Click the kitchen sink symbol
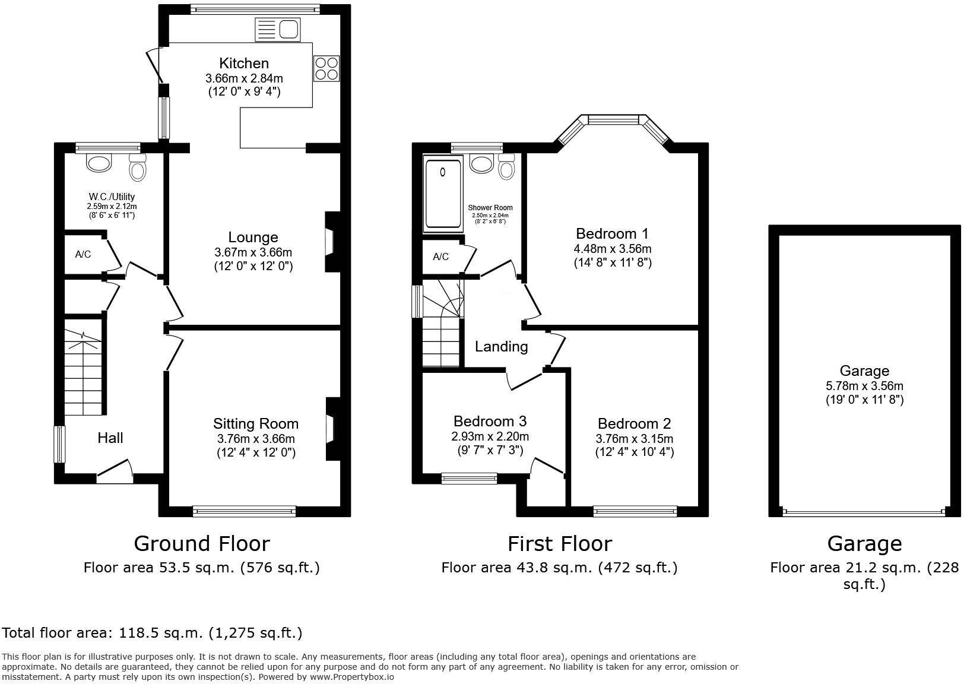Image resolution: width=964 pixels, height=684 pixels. pos(278,30)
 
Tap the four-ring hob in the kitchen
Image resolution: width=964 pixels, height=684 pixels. pos(326,68)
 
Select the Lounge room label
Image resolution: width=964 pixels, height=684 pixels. pos(253,237)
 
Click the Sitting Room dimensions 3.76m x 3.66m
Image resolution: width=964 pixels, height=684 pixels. pos(256,439)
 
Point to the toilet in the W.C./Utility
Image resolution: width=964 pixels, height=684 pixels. pos(138,168)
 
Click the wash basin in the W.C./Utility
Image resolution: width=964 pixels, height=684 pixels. pos(99,162)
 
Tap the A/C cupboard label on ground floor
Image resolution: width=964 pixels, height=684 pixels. pos(83,255)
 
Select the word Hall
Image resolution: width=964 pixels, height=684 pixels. pos(110,438)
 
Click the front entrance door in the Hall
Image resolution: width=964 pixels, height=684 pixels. pos(115,469)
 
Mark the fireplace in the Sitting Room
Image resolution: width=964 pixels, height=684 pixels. pos(331,429)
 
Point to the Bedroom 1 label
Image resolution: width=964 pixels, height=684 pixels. pos(613,233)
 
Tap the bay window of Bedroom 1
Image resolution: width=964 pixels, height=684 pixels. pos(613,120)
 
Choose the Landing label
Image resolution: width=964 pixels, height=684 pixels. pos(501,347)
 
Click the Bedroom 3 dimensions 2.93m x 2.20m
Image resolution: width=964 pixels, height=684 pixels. pos(490,436)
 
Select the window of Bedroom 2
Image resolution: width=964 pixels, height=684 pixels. pos(635,511)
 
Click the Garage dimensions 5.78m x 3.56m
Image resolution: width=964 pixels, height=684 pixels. pos(864,386)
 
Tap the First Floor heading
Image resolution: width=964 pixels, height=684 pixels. pos(559,544)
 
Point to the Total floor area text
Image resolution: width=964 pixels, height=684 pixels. pos(153,633)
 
